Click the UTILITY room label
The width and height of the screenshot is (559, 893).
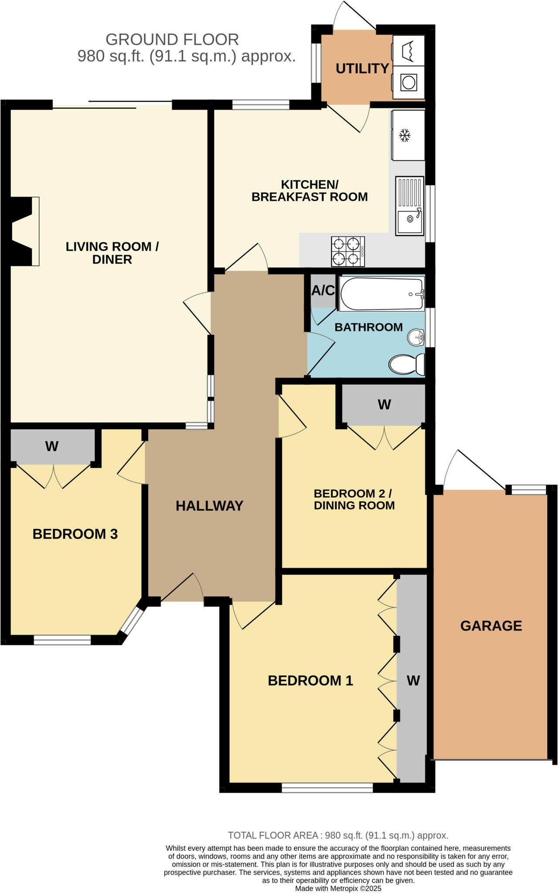pos(362,68)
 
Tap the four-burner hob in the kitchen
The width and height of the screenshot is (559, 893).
pos(348,252)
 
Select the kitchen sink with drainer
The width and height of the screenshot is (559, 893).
pos(409,206)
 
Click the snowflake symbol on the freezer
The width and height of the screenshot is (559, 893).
pos(405,135)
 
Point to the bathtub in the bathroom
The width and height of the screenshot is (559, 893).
pos(382,294)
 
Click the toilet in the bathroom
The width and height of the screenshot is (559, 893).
pos(406,365)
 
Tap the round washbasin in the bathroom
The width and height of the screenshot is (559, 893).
pos(416,337)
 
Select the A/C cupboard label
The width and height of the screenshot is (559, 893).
pos(323,290)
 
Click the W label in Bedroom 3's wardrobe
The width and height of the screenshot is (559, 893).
pos(51,446)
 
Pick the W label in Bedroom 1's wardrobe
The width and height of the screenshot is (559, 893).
pos(413,680)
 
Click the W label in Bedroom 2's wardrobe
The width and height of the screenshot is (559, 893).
pos(384,404)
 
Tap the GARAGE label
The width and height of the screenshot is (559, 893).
pos(491,626)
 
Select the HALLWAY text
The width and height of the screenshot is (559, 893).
pos(209,505)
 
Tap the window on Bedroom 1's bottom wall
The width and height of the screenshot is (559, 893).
pos(327,787)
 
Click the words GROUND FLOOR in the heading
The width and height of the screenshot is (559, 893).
pos(172,40)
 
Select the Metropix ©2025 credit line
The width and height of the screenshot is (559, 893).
pos(338,888)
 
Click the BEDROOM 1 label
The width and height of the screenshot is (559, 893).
pos(310,680)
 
